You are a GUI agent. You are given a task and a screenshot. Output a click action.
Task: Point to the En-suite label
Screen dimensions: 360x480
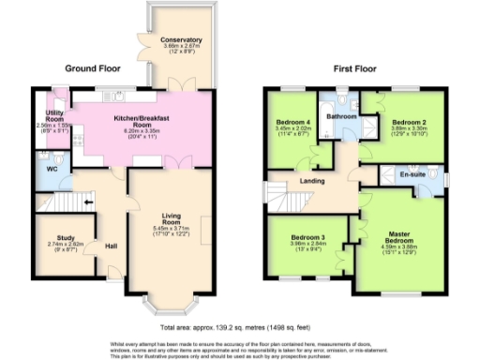(x=412, y=174)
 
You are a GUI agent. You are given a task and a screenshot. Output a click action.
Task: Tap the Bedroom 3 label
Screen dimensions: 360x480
(x=294, y=238)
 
